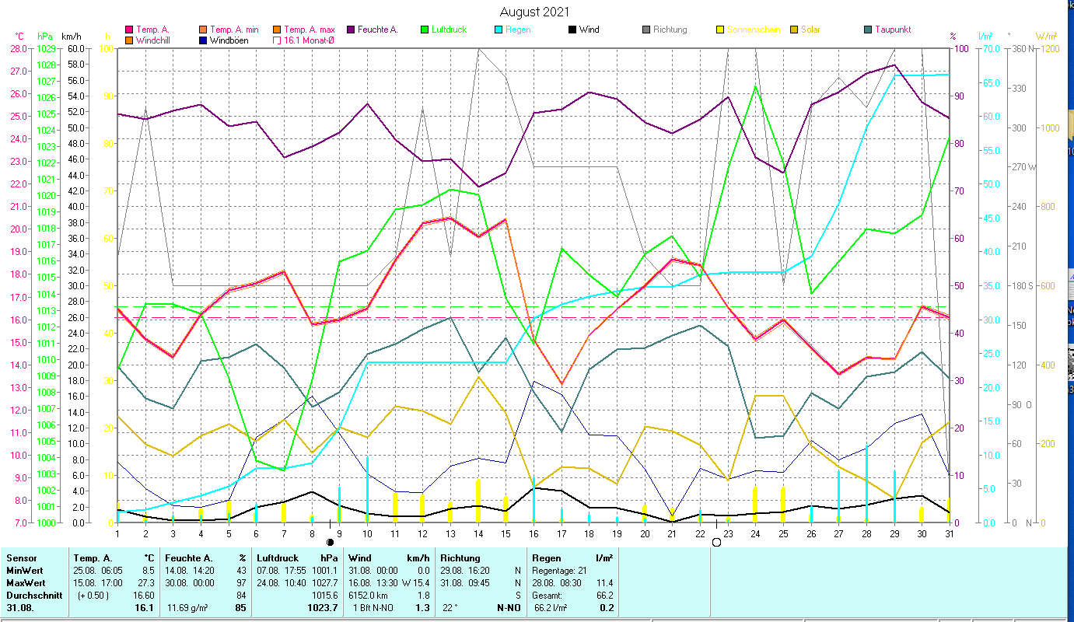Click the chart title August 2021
point(534,12)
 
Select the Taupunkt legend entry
point(892,30)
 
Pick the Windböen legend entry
point(229,40)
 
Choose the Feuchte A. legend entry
point(376,30)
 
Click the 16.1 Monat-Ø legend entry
point(309,40)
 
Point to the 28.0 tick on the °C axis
point(18,48)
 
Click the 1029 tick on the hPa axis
point(45,48)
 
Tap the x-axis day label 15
point(506,533)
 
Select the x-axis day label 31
point(949,533)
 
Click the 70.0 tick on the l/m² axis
point(988,48)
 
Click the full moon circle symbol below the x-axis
point(716,542)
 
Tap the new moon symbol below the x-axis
point(330,542)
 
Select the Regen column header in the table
point(544,557)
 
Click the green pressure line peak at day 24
point(756,86)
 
